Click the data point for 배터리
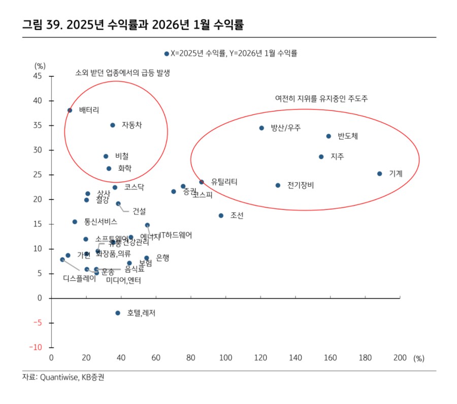point(70,110)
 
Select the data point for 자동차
point(113,125)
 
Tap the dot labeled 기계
point(379,174)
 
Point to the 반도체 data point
point(329,136)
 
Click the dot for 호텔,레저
point(118,313)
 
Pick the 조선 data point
point(221,216)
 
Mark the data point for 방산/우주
point(262,128)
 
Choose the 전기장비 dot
point(278,185)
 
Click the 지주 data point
point(321,157)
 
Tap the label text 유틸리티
point(224,182)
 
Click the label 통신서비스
point(101,222)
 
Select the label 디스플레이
point(80,278)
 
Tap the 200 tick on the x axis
point(400,358)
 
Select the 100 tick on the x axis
point(225,358)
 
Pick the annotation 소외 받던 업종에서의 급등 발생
point(122,73)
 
